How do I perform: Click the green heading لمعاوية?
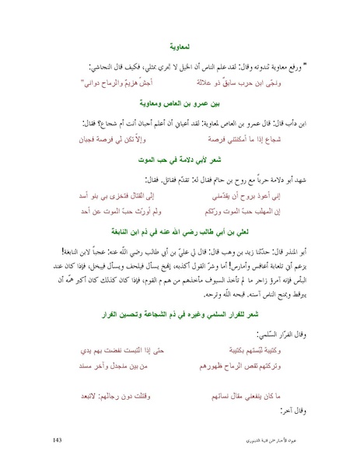[180, 47]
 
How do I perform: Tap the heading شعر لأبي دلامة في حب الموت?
[180, 159]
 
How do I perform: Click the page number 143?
[58, 441]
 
